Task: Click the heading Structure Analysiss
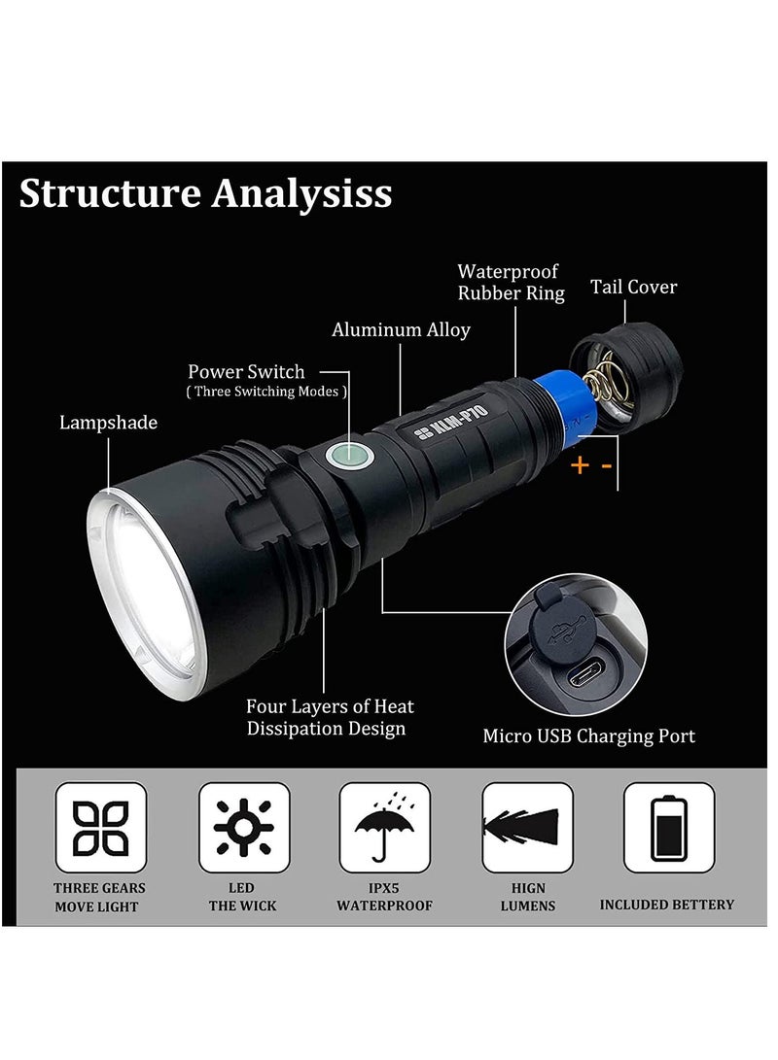tap(205, 192)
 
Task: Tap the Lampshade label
tap(108, 423)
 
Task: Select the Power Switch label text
tap(246, 371)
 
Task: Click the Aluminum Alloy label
tap(401, 329)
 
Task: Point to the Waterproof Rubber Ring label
tap(511, 282)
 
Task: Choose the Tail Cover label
tap(633, 287)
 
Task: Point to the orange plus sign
tap(580, 465)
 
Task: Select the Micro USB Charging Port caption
tap(589, 735)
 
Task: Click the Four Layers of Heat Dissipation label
tap(330, 717)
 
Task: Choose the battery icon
tap(669, 828)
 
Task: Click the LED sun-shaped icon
tap(243, 828)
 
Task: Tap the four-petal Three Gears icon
tap(101, 828)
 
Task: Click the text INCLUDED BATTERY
tap(666, 905)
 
